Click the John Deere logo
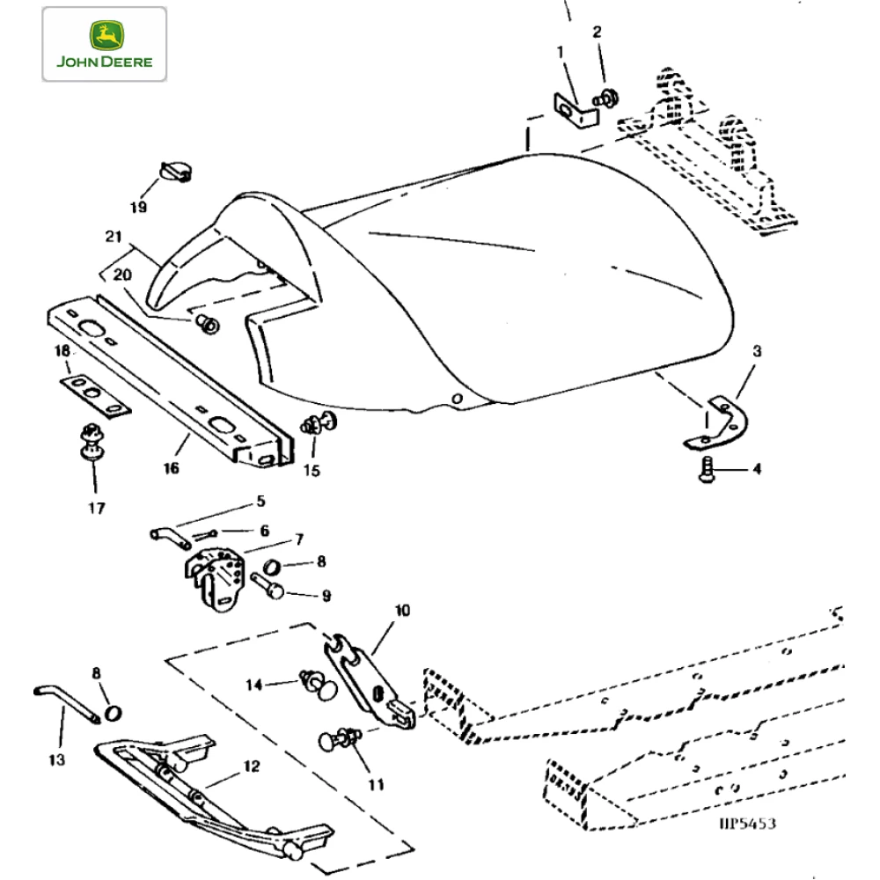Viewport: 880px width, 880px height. coord(104,44)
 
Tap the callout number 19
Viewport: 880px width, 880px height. coord(138,208)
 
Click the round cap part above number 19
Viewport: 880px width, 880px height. coord(175,171)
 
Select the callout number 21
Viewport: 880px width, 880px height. coord(112,237)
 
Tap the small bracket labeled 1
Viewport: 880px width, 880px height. coord(568,110)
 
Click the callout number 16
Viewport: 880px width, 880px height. coord(171,468)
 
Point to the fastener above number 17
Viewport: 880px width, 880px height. coord(89,442)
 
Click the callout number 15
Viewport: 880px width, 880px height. coord(312,471)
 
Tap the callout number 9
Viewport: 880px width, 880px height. coord(326,596)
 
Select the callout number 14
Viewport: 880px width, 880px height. coord(253,685)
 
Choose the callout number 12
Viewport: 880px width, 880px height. coord(252,766)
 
